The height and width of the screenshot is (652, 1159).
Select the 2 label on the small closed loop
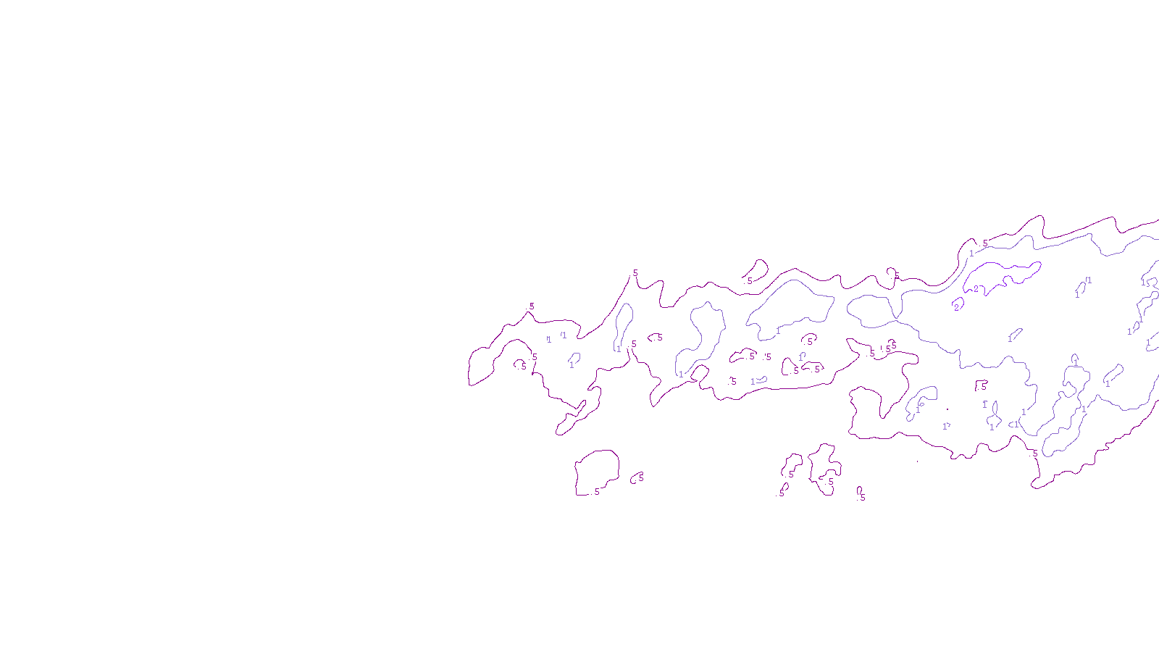[956, 307]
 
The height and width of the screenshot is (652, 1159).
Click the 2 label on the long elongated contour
[976, 289]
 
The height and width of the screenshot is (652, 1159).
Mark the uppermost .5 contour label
[985, 243]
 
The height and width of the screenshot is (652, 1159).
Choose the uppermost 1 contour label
[971, 254]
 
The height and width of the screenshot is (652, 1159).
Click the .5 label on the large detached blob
[596, 492]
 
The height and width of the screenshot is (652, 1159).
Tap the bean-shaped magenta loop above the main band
[757, 269]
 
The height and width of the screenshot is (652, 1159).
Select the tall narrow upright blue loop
[624, 326]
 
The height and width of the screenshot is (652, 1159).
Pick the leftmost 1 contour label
[548, 339]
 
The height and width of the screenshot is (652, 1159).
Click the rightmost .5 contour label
[1035, 453]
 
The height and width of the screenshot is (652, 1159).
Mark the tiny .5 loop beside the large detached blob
[637, 477]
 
